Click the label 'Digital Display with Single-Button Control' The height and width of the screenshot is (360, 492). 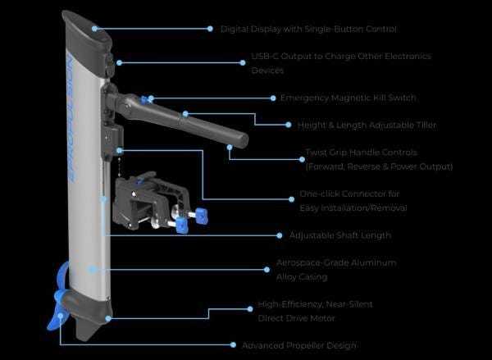point(308,29)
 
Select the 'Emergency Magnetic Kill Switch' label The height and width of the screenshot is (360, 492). point(348,98)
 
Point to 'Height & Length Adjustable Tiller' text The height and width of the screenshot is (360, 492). point(367,125)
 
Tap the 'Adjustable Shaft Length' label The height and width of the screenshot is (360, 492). point(340,235)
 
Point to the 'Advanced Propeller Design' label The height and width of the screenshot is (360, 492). point(298,345)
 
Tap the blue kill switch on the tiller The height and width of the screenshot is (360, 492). point(144,99)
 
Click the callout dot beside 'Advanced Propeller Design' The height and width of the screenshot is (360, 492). point(233,345)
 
